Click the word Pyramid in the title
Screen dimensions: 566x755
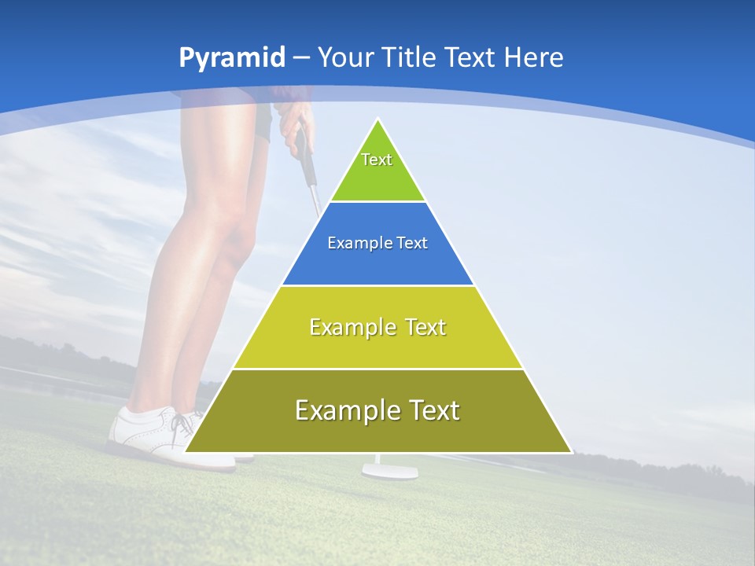pyautogui.click(x=232, y=58)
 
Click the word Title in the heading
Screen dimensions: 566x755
pyautogui.click(x=410, y=57)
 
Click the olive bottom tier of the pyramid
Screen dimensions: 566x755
pyautogui.click(x=377, y=432)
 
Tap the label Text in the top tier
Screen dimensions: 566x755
pyautogui.click(x=377, y=160)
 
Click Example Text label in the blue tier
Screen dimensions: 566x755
pyautogui.click(x=377, y=243)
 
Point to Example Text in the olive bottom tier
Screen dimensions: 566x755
pyautogui.click(x=377, y=410)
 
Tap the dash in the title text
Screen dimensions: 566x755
pyautogui.click(x=301, y=57)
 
